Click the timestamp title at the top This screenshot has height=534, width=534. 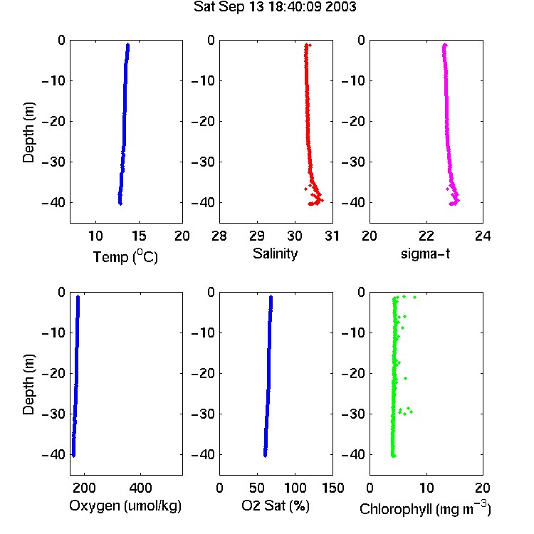(275, 7)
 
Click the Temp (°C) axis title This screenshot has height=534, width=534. (125, 256)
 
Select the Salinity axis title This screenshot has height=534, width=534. (275, 253)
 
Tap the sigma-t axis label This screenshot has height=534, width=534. (425, 253)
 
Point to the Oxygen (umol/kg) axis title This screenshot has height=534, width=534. (125, 506)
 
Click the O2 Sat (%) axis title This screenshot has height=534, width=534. (276, 506)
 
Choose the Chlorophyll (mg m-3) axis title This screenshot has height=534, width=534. (425, 508)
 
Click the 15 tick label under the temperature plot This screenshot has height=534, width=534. (139, 236)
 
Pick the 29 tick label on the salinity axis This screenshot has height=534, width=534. (257, 236)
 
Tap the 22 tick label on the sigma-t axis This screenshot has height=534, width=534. (426, 236)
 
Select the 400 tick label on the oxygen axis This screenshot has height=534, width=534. (141, 488)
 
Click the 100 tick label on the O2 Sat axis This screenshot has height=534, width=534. (295, 488)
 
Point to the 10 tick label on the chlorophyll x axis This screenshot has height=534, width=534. (426, 488)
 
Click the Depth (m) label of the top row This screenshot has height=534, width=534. (28, 132)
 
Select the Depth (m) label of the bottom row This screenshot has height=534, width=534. (28, 384)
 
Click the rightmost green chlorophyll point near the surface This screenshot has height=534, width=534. (415, 298)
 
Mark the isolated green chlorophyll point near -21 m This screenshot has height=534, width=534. (405, 378)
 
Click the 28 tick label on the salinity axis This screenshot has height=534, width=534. (219, 236)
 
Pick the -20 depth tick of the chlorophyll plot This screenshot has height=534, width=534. (353, 373)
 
